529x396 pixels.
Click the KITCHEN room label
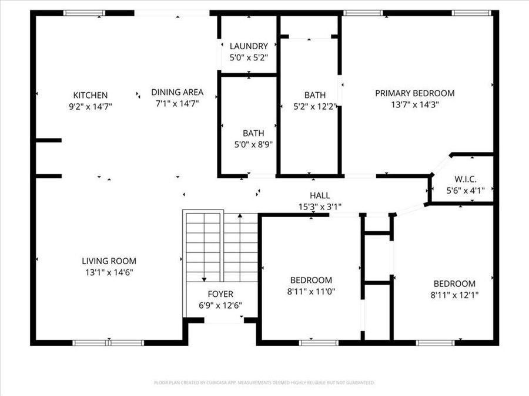pos(90,95)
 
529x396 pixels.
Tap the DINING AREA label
pos(177,92)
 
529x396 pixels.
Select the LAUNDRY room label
pos(249,46)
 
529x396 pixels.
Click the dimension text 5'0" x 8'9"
pos(253,144)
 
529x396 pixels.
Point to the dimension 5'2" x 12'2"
pos(315,106)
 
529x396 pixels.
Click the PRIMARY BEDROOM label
pos(414,93)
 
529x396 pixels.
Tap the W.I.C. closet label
pos(465,180)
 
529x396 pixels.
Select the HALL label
pos(320,195)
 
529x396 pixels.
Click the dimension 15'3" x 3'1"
pos(320,207)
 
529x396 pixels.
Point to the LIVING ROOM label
pos(109,261)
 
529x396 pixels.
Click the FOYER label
pos(220,294)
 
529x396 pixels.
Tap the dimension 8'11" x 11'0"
pos(311,291)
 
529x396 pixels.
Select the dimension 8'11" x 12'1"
pos(454,295)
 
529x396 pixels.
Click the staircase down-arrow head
pos(204,280)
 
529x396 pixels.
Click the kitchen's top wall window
pos(84,13)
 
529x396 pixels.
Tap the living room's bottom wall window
pos(108,342)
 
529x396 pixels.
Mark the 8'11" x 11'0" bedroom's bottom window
pos(318,342)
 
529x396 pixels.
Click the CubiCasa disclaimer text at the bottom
pos(264,383)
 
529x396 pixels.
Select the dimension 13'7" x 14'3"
pos(415,104)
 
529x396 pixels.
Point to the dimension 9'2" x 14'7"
pos(90,106)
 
